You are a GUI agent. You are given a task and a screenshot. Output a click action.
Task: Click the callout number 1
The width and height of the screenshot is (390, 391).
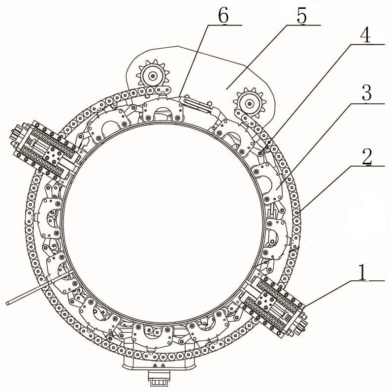(362, 271)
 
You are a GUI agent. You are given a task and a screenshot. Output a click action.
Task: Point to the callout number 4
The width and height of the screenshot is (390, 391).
(365, 35)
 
